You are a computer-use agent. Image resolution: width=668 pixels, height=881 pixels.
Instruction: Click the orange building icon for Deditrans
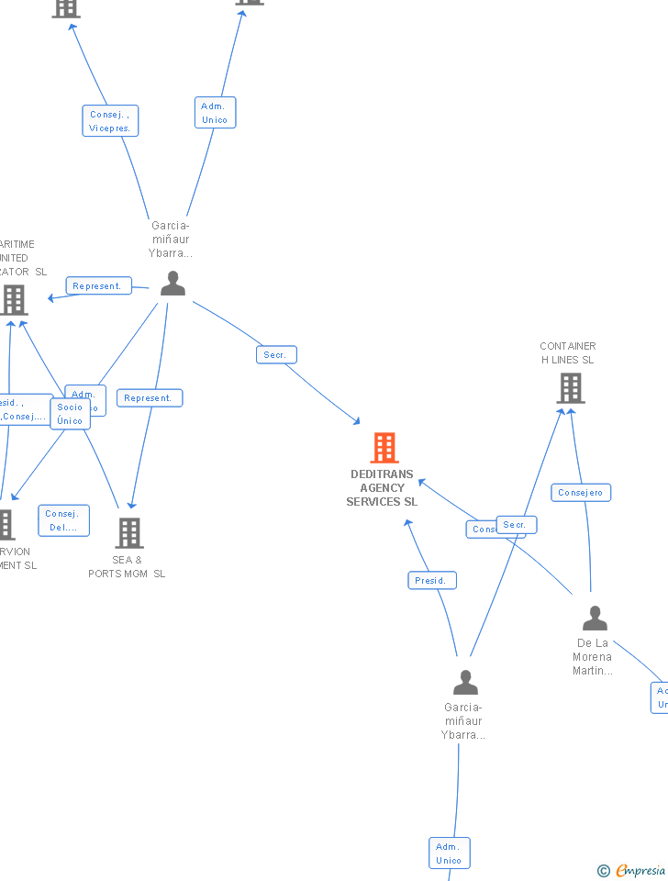(384, 448)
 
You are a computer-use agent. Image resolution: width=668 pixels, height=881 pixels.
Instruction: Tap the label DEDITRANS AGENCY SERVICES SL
(382, 488)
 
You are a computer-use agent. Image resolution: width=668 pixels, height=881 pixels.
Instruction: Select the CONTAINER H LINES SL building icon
(571, 388)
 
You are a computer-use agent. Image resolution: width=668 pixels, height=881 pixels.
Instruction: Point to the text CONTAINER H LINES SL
(568, 353)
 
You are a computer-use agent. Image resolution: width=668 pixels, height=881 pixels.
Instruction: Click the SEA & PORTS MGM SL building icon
(129, 532)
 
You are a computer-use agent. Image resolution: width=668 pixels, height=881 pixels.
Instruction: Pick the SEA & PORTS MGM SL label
(127, 567)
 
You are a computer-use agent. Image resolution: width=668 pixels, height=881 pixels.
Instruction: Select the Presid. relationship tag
(431, 581)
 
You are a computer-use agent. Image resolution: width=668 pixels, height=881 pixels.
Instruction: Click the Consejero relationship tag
(581, 493)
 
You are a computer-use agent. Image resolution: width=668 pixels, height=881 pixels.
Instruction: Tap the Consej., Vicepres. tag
(110, 121)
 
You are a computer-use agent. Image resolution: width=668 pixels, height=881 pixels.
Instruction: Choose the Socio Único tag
(70, 414)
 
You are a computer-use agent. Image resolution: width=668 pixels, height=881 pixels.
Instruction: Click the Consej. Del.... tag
(63, 520)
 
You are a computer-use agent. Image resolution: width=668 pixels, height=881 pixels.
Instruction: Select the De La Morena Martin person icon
(596, 619)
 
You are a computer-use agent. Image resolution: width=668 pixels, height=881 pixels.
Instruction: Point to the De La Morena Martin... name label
(592, 657)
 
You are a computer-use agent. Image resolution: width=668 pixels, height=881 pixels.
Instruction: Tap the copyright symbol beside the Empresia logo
(603, 871)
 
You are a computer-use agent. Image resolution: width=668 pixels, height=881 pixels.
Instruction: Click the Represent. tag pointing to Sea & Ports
(149, 398)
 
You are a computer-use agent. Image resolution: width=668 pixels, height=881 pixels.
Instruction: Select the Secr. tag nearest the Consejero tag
(516, 525)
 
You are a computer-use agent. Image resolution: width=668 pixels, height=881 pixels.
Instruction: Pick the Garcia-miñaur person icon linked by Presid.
(466, 683)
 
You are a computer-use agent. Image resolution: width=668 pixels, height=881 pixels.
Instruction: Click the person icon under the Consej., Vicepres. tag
(173, 284)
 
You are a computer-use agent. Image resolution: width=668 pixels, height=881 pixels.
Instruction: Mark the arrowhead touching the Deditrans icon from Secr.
(357, 421)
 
